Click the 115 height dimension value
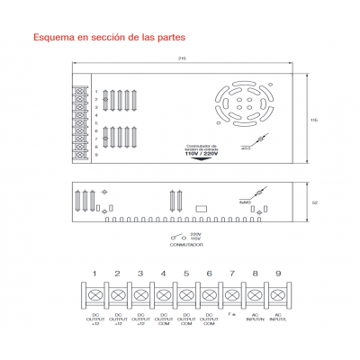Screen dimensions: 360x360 pyautogui.click(x=314, y=119)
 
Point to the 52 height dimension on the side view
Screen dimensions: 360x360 pyautogui.click(x=314, y=203)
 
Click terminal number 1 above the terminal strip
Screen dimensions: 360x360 pyautogui.click(x=94, y=273)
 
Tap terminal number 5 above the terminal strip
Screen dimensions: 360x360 pyautogui.click(x=186, y=273)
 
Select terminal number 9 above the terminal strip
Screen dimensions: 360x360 pyautogui.click(x=278, y=273)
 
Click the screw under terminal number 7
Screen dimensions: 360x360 pyautogui.click(x=232, y=293)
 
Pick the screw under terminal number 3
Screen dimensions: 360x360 pyautogui.click(x=140, y=293)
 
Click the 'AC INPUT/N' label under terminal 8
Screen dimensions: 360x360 pyautogui.click(x=255, y=318)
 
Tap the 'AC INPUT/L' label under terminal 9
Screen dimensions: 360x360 pyautogui.click(x=278, y=318)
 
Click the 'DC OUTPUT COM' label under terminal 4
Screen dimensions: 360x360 pyautogui.click(x=163, y=319)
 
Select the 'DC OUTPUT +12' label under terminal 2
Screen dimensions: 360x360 pyautogui.click(x=117, y=319)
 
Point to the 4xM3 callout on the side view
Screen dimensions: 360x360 pyautogui.click(x=245, y=202)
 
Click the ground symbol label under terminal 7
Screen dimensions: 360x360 pyautogui.click(x=232, y=315)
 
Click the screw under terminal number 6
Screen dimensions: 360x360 pyautogui.click(x=209, y=293)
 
